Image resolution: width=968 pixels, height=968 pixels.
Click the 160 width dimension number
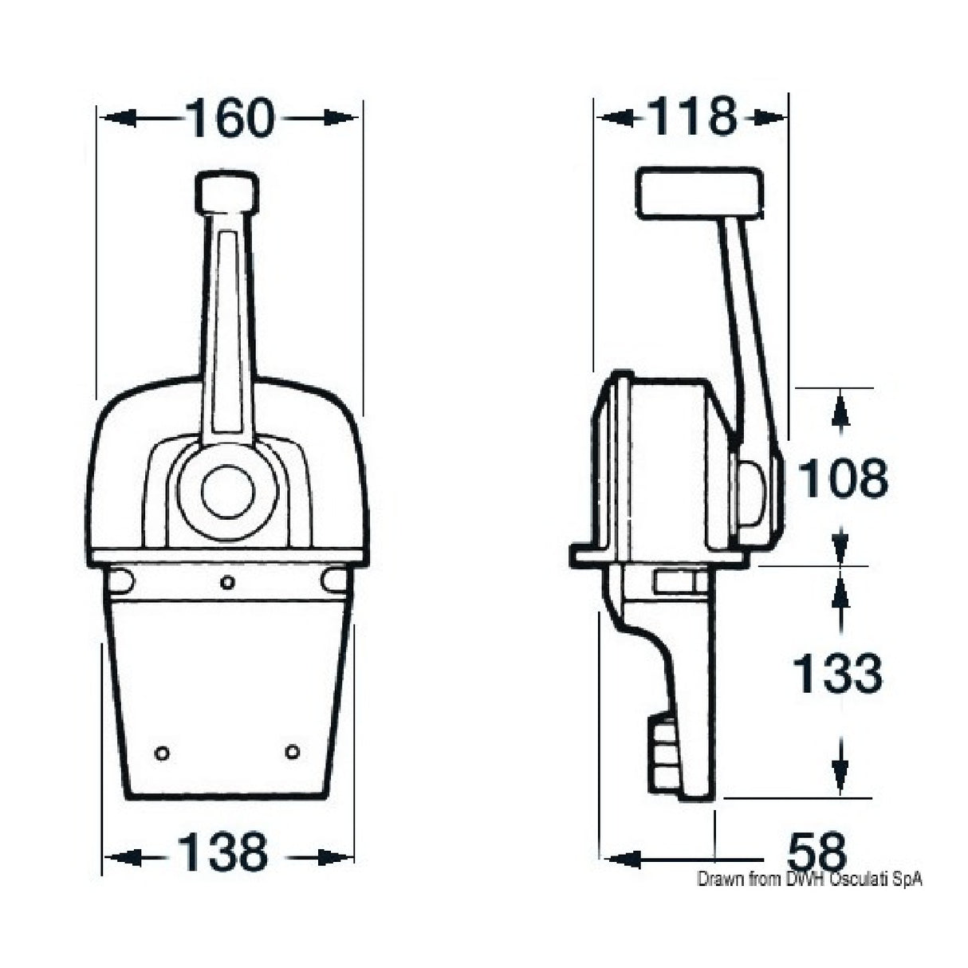(230, 119)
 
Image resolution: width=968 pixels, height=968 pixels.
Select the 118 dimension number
(691, 117)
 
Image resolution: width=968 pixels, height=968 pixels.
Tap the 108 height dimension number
(842, 478)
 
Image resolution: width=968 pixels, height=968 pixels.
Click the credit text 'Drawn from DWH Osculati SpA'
(809, 879)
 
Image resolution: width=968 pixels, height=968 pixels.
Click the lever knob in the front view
(227, 194)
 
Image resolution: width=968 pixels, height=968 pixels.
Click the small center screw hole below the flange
(227, 583)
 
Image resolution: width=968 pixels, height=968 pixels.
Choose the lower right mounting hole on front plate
(293, 751)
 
